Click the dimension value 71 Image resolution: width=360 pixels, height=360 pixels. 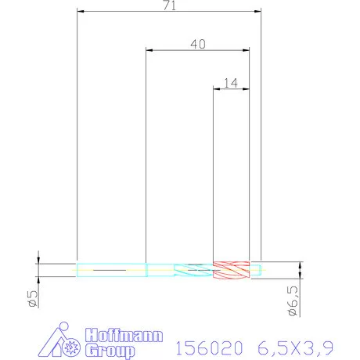click(168, 6)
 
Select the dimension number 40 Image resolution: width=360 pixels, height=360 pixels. click(198, 45)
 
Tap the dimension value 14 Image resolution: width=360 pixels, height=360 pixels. click(231, 81)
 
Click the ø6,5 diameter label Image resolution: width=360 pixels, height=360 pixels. click(290, 301)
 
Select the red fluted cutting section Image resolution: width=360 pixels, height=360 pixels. click(230, 270)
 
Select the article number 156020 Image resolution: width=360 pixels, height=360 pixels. click(205, 346)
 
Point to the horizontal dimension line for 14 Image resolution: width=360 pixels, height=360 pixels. click(231, 88)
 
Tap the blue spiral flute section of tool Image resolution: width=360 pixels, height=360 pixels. click(192, 270)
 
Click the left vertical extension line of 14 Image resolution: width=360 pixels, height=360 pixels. click(214, 172)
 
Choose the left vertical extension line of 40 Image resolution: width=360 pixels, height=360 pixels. click(146, 157)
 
